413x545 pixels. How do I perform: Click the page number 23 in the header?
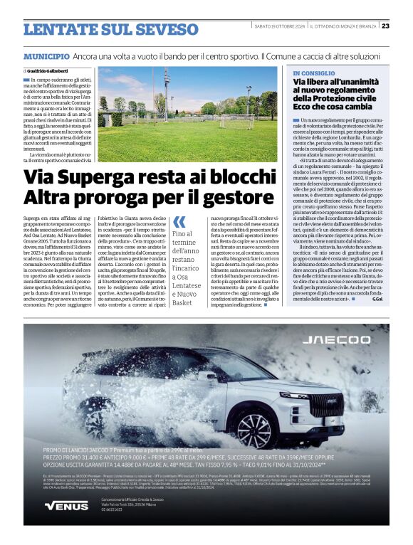pyautogui.click(x=385, y=26)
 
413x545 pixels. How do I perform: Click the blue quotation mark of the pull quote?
pyautogui.click(x=179, y=221)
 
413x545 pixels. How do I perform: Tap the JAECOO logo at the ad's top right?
pyautogui.click(x=346, y=340)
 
